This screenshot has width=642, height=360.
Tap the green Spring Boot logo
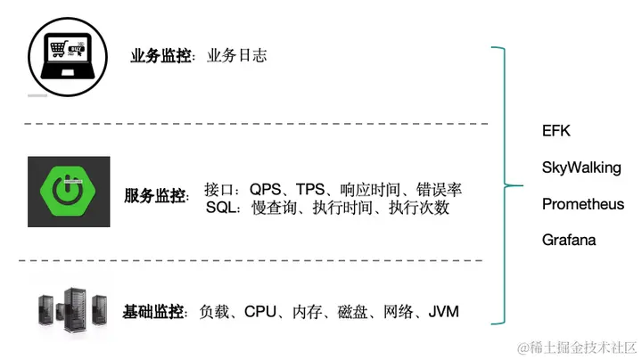coord(69,192)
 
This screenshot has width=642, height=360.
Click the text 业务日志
coord(236,55)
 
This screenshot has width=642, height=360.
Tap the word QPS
coord(266,190)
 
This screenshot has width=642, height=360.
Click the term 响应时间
coord(366,190)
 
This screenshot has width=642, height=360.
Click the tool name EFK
coord(556,131)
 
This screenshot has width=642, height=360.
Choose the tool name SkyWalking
coord(581,168)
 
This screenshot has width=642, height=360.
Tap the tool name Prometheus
coord(583,204)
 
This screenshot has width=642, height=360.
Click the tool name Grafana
coord(569,240)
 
